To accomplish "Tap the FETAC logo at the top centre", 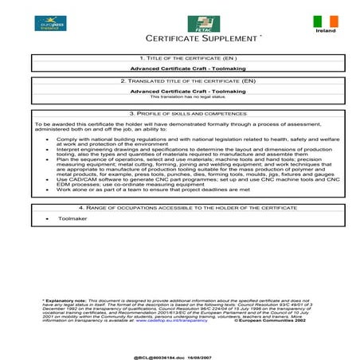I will tap(198, 24).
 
